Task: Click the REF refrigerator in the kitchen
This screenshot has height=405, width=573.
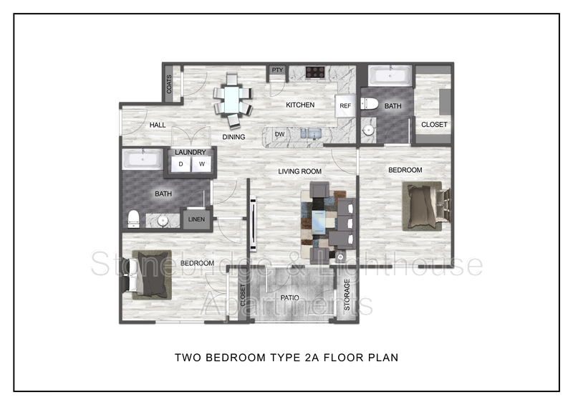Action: click(x=345, y=106)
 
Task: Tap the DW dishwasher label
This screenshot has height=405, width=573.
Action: click(x=279, y=134)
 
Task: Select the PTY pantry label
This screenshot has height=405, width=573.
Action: click(x=277, y=70)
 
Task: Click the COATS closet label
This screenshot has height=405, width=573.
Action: click(x=169, y=84)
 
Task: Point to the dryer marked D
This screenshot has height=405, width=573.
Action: click(x=180, y=164)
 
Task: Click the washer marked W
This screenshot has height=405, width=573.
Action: click(x=202, y=164)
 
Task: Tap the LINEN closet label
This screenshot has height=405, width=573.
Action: click(x=196, y=219)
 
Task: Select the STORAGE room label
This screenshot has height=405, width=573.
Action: click(x=347, y=295)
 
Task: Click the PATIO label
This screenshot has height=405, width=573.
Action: click(x=290, y=297)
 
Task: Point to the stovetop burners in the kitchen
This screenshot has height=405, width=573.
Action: click(x=315, y=72)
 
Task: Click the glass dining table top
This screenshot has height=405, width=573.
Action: click(x=231, y=99)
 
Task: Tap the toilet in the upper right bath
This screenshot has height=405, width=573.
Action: click(x=370, y=104)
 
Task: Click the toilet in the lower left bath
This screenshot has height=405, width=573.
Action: click(x=134, y=219)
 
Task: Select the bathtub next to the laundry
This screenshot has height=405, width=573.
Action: click(x=143, y=160)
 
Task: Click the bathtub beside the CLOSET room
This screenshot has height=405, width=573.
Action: click(x=390, y=76)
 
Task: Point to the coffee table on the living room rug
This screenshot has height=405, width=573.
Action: click(x=319, y=222)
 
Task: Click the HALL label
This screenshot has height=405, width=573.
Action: click(x=158, y=125)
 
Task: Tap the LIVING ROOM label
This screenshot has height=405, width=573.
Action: click(x=299, y=171)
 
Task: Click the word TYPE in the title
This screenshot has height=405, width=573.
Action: click(x=284, y=358)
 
